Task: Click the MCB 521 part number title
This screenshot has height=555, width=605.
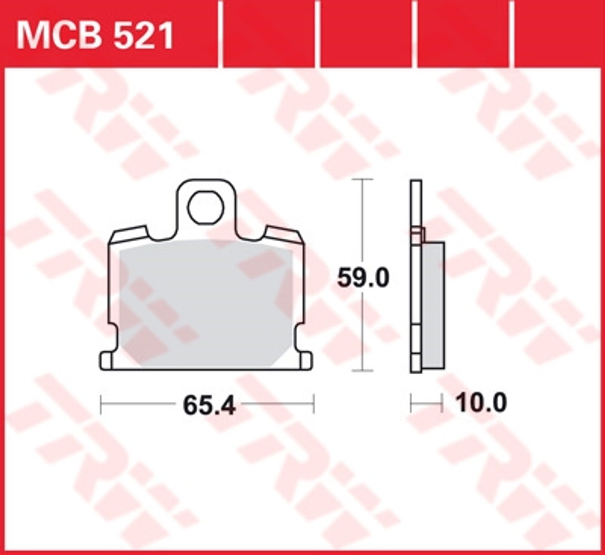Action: [95, 36]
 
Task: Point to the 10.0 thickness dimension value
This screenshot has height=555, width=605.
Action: [481, 403]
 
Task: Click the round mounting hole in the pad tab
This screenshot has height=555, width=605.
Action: [206, 208]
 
